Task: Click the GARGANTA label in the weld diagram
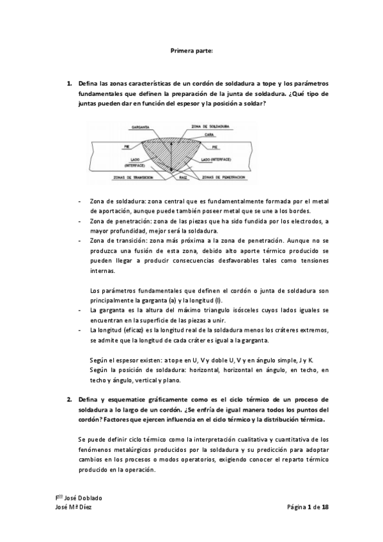[x=141, y=127]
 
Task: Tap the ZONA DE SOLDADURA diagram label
[x=210, y=127]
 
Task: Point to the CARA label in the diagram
[x=210, y=135]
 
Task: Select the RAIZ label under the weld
[x=182, y=177]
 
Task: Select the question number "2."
[x=70, y=399]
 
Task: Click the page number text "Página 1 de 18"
[x=308, y=507]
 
